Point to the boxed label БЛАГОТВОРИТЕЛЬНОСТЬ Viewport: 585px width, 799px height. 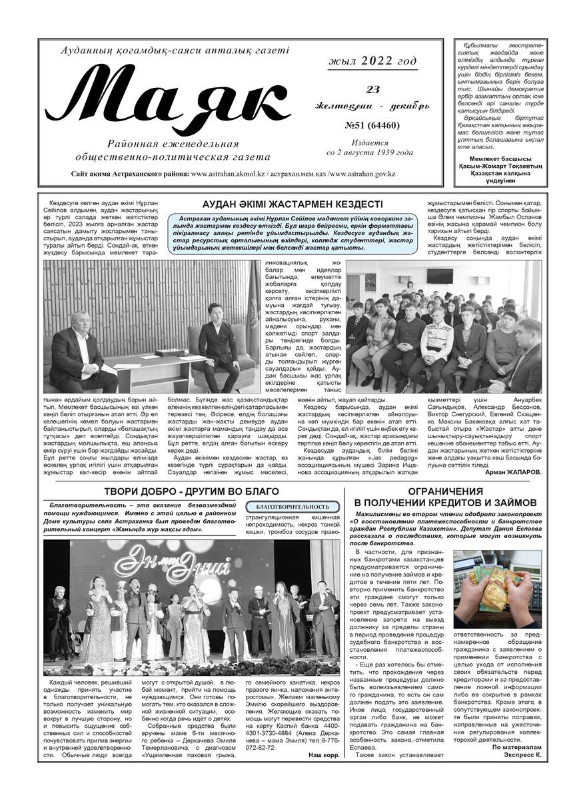(288, 507)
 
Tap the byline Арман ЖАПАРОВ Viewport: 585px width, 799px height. (514, 471)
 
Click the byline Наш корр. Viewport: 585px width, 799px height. (323, 754)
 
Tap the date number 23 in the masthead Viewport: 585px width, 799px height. (372, 90)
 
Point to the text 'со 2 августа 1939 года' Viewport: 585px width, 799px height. (370, 152)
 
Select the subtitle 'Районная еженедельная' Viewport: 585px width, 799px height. (173, 144)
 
